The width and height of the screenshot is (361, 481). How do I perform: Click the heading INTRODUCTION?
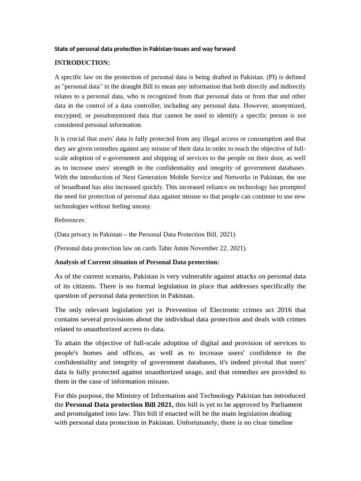pos(82,62)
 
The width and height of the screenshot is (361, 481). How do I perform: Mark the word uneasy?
pos(140,206)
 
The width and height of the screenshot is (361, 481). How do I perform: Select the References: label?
pos(70,220)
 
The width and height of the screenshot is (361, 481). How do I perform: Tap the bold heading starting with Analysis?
pos(136,262)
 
